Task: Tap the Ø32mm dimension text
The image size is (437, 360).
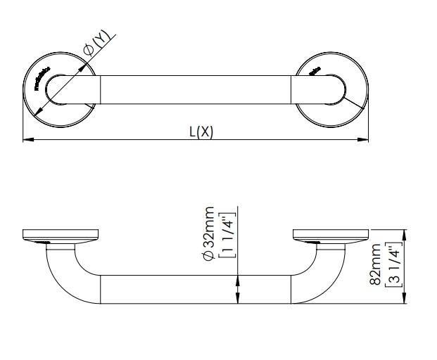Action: (x=209, y=234)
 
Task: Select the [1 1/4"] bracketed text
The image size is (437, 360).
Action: (x=226, y=234)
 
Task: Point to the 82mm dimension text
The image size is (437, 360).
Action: (x=376, y=264)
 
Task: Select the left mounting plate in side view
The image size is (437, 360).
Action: (x=60, y=235)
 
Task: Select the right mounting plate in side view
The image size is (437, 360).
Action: (x=329, y=235)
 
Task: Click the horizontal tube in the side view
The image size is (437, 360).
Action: (x=195, y=290)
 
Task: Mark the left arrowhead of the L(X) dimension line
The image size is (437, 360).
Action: (x=27, y=140)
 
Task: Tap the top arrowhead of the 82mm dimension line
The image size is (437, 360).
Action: (x=404, y=233)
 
